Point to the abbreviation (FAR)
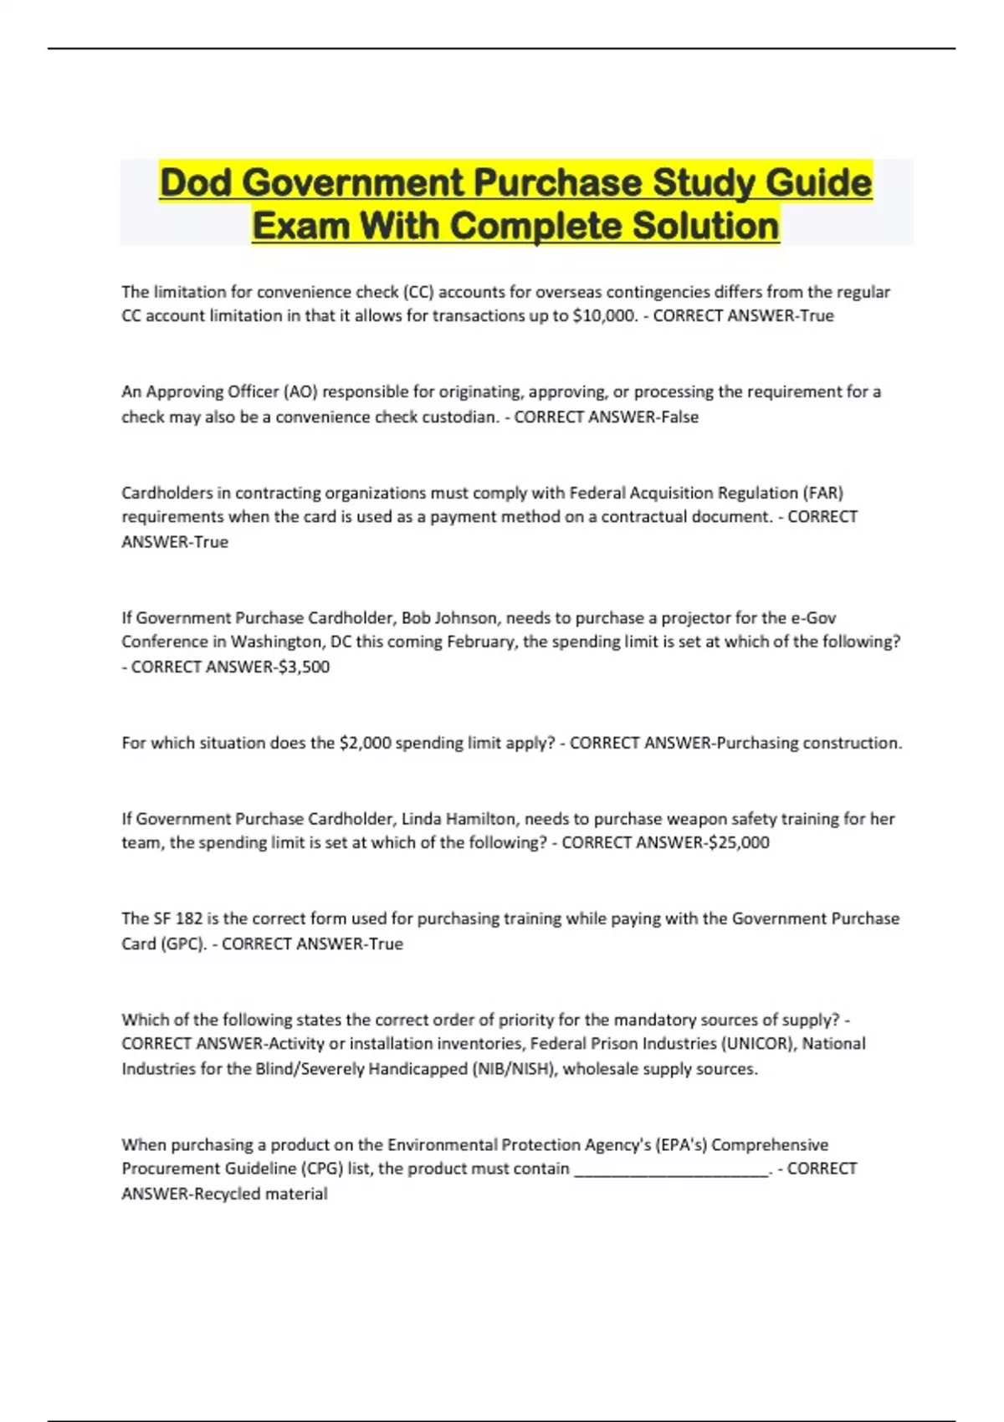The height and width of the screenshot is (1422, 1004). (823, 493)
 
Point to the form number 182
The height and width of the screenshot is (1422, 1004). (189, 918)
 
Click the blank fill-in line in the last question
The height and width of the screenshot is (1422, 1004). (672, 1169)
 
